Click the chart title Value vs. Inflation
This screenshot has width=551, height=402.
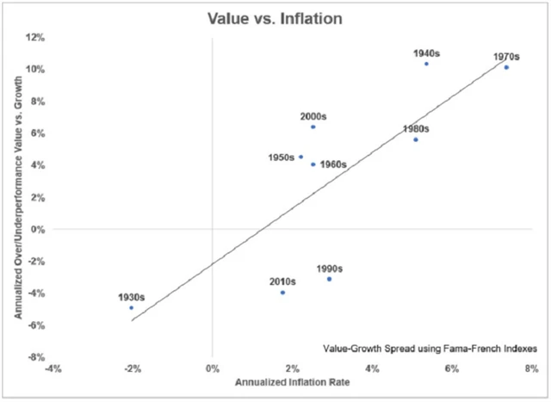pos(275,15)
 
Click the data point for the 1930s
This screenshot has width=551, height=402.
pos(131,307)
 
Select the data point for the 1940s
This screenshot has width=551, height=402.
pos(426,64)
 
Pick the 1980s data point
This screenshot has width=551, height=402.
pos(416,139)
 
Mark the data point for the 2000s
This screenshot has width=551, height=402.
pos(313,127)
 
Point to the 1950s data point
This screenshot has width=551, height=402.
pos(300,157)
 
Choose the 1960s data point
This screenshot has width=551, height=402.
pos(313,164)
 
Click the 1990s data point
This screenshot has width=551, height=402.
pos(329,279)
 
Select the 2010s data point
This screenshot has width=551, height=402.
pos(282,293)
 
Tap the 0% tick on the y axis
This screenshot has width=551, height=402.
pos(37,230)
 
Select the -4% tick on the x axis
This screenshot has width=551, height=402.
pos(53,368)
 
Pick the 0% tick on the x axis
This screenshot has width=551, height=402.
pos(212,368)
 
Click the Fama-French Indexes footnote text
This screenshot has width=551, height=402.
pos(430,349)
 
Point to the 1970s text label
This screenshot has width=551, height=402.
pos(506,57)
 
